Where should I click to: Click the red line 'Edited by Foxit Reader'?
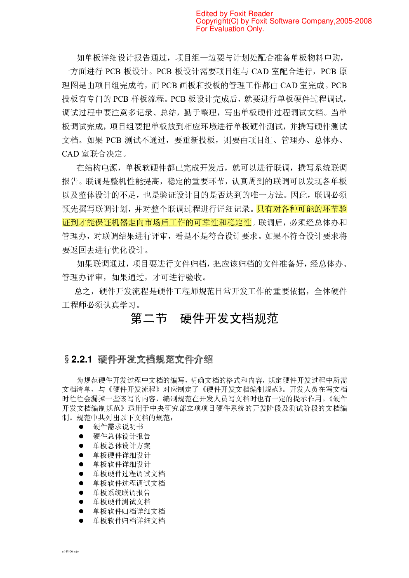point(234,14)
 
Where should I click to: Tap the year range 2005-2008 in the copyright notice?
point(354,21)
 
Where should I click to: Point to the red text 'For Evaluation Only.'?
point(230,29)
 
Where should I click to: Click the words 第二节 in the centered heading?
point(149,318)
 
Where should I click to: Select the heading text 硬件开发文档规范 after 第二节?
point(229,318)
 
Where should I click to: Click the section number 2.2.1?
point(81,359)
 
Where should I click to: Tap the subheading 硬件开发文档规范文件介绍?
point(155,359)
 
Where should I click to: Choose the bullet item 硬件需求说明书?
point(118,427)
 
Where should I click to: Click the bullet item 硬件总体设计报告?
point(122,436)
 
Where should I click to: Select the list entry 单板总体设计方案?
point(122,446)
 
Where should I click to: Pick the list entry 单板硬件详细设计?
point(122,455)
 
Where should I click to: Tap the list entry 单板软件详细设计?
point(122,464)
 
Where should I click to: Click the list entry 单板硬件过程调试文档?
point(129,474)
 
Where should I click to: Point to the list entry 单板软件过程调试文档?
point(129,483)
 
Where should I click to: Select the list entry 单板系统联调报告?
point(122,493)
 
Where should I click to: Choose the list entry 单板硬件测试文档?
point(122,502)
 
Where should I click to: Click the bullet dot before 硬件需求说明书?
point(81,427)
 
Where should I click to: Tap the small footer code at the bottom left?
point(70,551)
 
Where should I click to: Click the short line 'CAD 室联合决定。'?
point(94,154)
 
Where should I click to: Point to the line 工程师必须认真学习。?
point(101,305)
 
